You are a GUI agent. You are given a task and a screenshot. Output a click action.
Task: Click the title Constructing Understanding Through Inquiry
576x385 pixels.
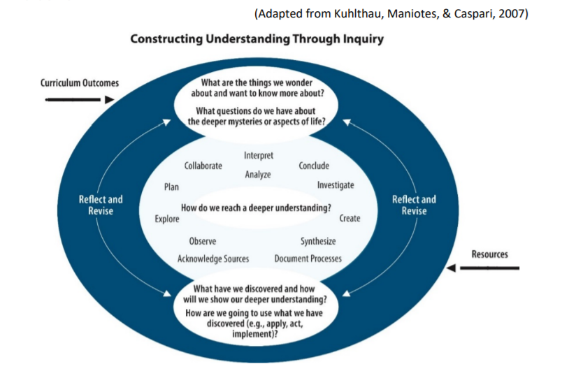pos(257,40)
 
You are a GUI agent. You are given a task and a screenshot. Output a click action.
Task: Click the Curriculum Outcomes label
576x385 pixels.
pos(79,83)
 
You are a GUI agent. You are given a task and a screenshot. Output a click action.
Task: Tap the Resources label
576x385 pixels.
pos(489,254)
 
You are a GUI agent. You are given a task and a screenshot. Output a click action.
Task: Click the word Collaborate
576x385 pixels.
pos(203,166)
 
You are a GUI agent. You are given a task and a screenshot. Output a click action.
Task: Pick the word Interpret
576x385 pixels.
pos(259,155)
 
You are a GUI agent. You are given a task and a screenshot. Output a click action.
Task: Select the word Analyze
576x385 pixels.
pos(258,175)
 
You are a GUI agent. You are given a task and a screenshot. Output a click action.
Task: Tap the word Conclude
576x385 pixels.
pos(314,166)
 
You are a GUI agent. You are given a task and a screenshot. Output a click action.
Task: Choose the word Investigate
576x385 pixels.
pos(336,185)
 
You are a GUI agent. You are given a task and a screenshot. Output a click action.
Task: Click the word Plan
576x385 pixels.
pos(171,187)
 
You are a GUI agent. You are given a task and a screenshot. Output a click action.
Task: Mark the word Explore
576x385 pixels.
pos(167,219)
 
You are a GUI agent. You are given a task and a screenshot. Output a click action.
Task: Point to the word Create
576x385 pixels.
pos(350,219)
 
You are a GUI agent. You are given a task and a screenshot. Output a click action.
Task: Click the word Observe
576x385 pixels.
pos(203,242)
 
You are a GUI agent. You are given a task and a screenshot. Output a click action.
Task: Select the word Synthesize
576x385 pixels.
pos(318,242)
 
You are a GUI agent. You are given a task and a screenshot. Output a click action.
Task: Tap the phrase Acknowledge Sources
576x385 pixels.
pos(213,259)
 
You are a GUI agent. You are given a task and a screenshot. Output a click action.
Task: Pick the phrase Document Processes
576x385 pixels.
pos(308,259)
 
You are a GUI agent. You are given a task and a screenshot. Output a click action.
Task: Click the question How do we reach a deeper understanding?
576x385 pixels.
pos(256,208)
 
